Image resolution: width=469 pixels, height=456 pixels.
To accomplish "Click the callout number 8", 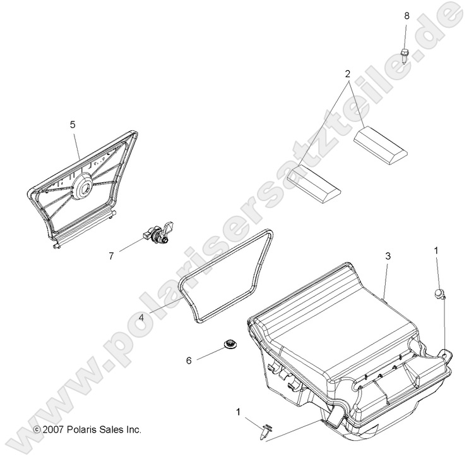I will coord(405,15).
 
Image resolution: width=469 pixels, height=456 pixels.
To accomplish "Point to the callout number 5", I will coord(73,125).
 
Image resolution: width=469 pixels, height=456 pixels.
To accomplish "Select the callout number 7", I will coord(112,256).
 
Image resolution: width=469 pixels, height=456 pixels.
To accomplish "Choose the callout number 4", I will coord(143,319).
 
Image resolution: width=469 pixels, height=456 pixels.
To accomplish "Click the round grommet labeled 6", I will coord(228,345).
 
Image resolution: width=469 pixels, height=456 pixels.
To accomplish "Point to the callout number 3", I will coord(388,256).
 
